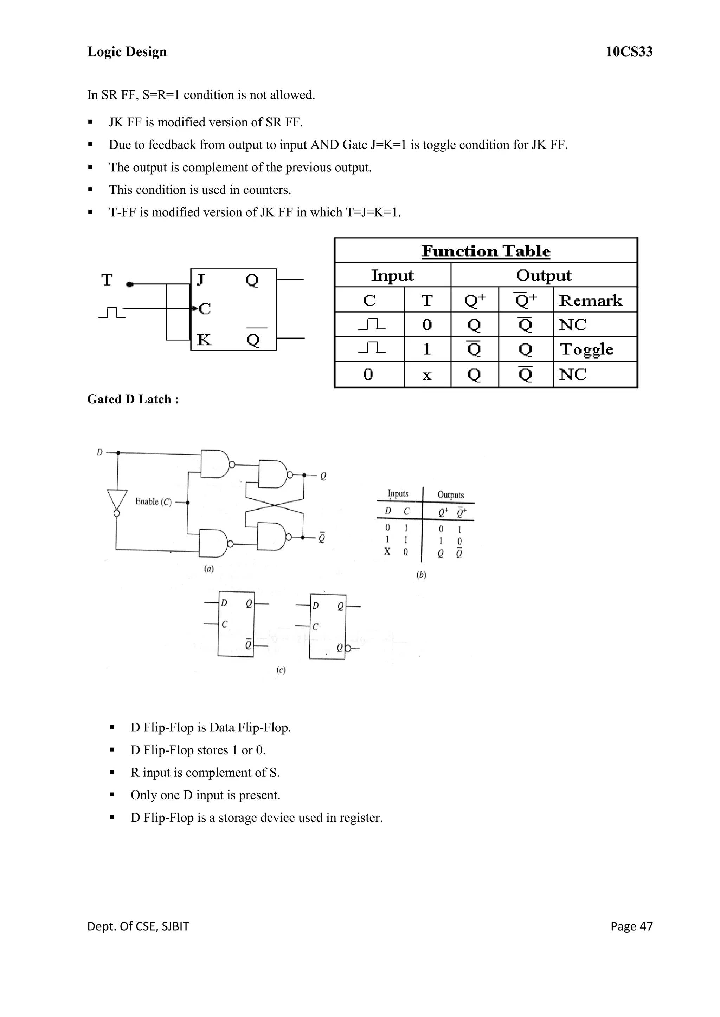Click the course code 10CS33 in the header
click(x=629, y=52)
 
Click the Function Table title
click(x=486, y=251)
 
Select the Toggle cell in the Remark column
click(x=586, y=349)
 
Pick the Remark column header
click(x=590, y=300)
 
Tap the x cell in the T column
click(x=426, y=375)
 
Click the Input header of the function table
click(x=392, y=275)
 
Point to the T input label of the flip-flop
click(x=107, y=280)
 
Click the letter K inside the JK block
click(x=204, y=340)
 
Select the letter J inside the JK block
click(x=200, y=280)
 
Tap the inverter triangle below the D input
click(x=117, y=500)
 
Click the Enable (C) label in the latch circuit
click(x=153, y=501)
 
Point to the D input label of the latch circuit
click(x=100, y=452)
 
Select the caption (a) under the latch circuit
click(x=209, y=569)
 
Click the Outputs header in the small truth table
click(x=450, y=495)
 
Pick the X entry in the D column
click(x=387, y=551)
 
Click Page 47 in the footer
click(x=631, y=926)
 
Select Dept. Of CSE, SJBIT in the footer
click(x=138, y=926)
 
